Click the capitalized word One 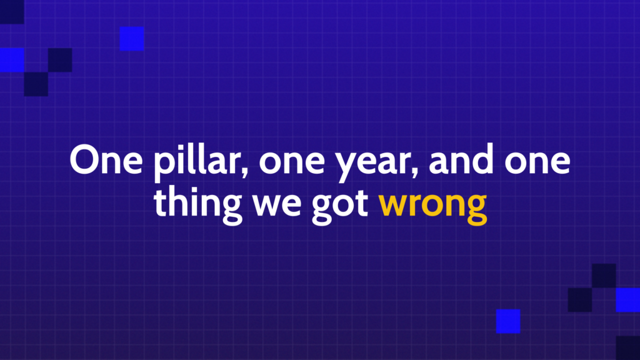click(x=106, y=159)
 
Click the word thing click(x=197, y=205)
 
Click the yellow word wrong click(x=432, y=208)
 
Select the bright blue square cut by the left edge click(x=12, y=60)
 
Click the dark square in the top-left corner click(x=12, y=12)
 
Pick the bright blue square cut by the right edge click(x=627, y=300)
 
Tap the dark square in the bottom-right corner click(x=627, y=348)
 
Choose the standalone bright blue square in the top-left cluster click(x=132, y=39)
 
